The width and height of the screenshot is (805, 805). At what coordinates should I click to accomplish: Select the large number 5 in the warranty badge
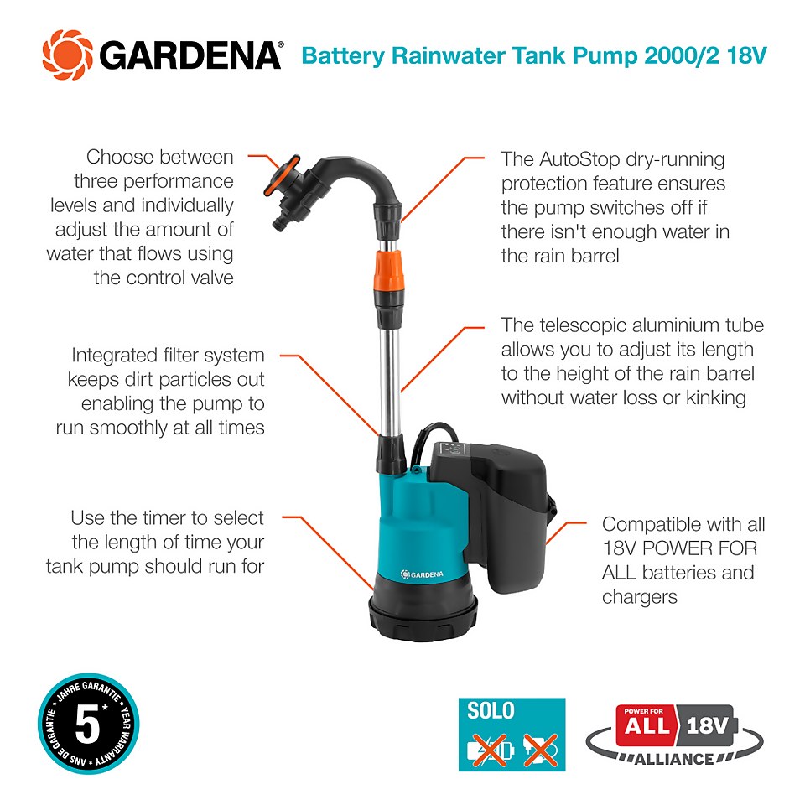(87, 725)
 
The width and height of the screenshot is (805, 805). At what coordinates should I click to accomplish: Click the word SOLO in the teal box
(491, 712)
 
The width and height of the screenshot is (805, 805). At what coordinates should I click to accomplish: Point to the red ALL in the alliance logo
(647, 724)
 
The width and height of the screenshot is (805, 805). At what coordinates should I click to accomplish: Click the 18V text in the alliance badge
(710, 724)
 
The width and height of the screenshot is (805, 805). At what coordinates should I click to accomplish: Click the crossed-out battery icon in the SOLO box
(490, 748)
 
